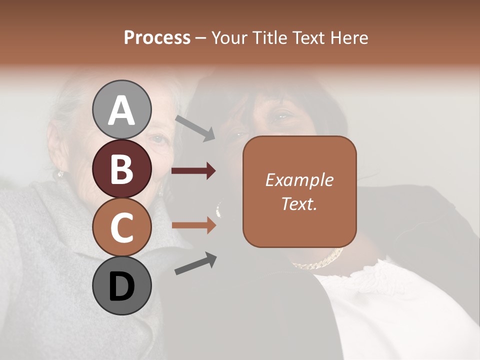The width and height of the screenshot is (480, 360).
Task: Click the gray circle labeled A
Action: pyautogui.click(x=122, y=109)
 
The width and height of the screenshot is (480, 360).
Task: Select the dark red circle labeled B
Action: pyautogui.click(x=122, y=168)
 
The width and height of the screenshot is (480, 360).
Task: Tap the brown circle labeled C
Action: pyautogui.click(x=122, y=227)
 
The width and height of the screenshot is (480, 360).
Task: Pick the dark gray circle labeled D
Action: pyautogui.click(x=122, y=285)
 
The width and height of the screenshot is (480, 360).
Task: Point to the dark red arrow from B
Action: pyautogui.click(x=193, y=171)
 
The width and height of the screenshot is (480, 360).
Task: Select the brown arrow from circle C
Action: pyautogui.click(x=193, y=226)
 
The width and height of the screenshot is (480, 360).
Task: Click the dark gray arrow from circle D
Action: pyautogui.click(x=195, y=264)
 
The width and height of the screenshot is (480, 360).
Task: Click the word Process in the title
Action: pyautogui.click(x=157, y=38)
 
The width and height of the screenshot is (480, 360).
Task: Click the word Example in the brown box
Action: pyautogui.click(x=299, y=180)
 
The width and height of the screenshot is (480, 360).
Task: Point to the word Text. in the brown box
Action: pyautogui.click(x=299, y=203)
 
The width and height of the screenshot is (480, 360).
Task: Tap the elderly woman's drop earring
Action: pyautogui.click(x=60, y=174)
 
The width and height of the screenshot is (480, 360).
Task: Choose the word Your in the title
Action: pyautogui.click(x=227, y=38)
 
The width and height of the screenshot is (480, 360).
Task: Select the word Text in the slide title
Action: pyautogui.click(x=307, y=38)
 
